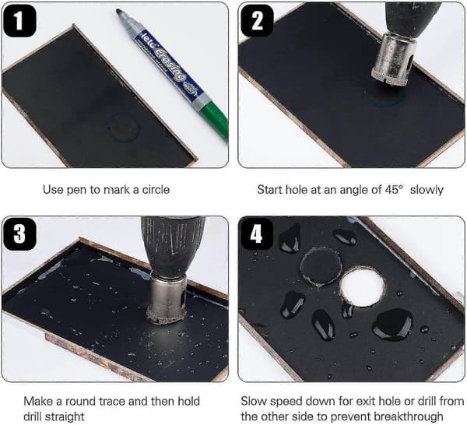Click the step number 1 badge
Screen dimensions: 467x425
(19, 21)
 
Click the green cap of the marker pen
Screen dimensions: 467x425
(217, 119)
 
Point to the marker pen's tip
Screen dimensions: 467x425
(118, 11)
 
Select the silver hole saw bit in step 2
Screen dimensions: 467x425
(395, 59)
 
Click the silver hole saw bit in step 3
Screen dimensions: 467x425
(167, 298)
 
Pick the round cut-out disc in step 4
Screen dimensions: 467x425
(321, 265)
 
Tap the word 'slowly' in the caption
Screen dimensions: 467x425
(427, 190)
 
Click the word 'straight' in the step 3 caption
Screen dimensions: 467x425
(65, 416)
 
